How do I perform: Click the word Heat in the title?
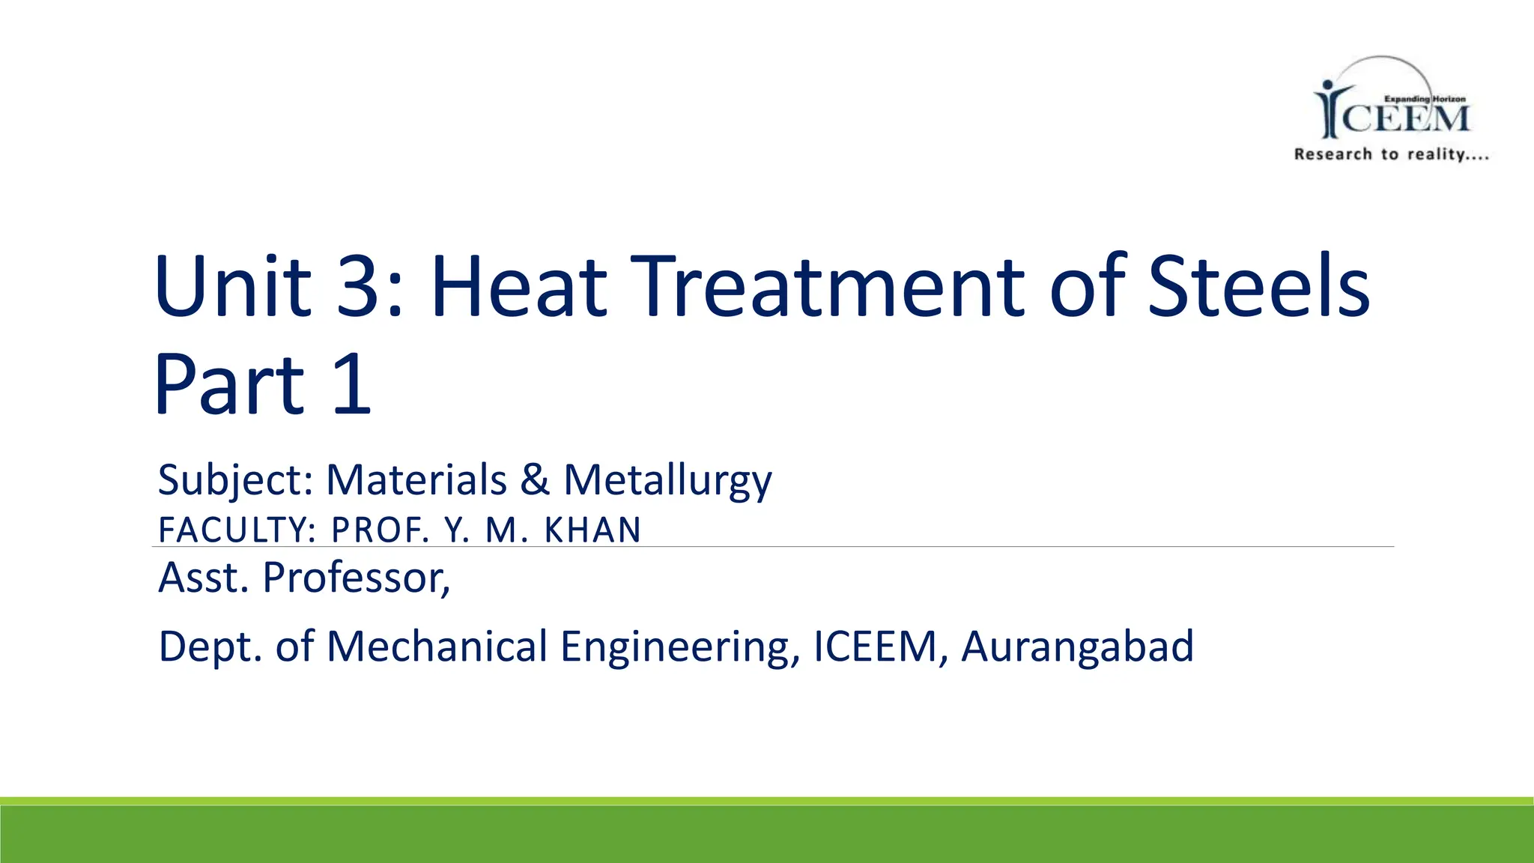tap(518, 287)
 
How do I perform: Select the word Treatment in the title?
tap(832, 287)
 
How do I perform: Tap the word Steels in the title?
tap(1258, 287)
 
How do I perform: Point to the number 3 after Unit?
tap(362, 287)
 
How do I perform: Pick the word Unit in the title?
tap(232, 287)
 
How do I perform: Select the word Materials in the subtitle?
tap(416, 479)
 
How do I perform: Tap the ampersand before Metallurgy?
tap(535, 479)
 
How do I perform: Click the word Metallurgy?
tap(667, 479)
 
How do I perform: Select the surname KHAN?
tap(592, 530)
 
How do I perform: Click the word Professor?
tap(356, 578)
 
